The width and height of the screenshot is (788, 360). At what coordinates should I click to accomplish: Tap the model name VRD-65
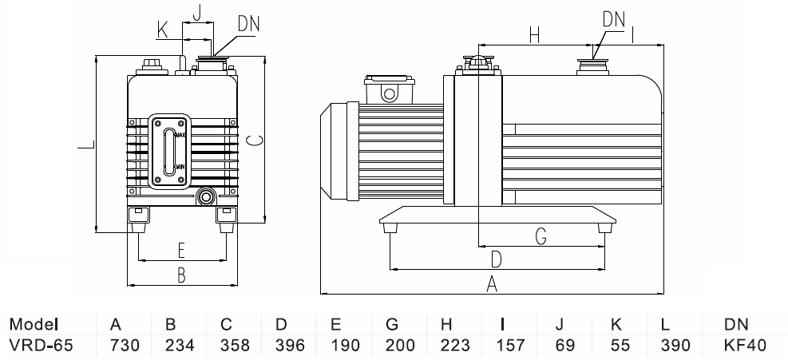(37, 346)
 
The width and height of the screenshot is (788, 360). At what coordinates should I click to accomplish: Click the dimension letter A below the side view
(493, 283)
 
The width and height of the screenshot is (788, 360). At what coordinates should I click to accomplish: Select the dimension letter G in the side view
(541, 235)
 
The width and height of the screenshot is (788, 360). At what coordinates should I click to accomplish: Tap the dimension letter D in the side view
(496, 259)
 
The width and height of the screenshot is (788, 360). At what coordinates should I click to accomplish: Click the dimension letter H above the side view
(535, 35)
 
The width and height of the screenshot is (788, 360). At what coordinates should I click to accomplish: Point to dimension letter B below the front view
(181, 275)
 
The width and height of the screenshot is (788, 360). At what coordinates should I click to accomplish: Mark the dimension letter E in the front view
(181, 251)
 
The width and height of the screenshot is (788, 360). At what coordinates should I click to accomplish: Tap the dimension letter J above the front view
(197, 11)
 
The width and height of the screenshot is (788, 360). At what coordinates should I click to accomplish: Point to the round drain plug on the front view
(207, 196)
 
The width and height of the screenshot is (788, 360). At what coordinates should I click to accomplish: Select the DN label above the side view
(614, 17)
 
